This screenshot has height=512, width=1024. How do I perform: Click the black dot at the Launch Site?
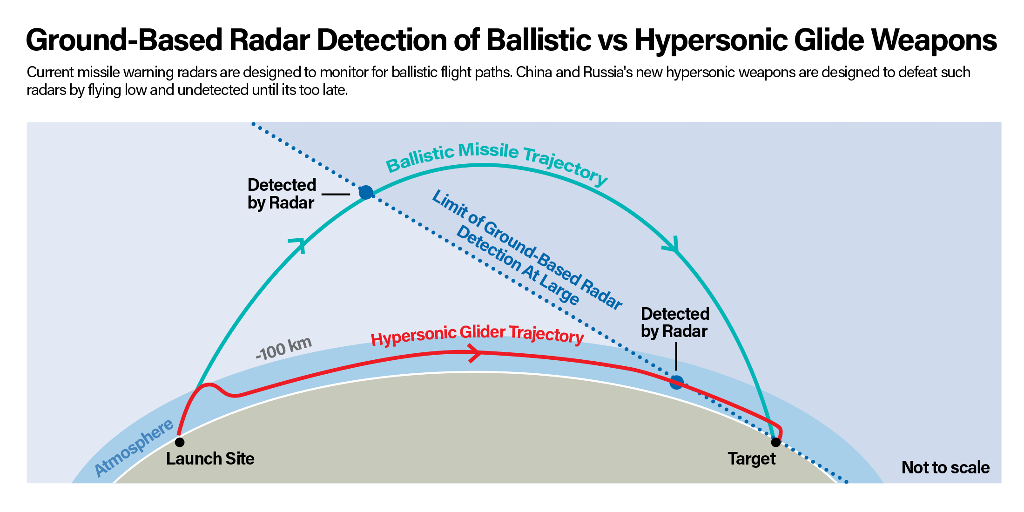pos(180,442)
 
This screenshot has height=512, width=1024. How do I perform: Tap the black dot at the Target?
pos(775,442)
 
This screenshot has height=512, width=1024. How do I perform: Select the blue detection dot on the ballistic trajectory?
pos(366,192)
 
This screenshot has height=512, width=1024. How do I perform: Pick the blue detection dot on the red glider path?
pos(676,383)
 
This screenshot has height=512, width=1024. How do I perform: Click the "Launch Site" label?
pos(210,459)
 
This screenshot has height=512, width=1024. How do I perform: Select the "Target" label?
pos(752,459)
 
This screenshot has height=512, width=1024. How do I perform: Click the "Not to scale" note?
pos(946,467)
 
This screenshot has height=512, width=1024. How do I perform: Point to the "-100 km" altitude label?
pos(283,349)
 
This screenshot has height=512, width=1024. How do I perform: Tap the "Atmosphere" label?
pos(134,448)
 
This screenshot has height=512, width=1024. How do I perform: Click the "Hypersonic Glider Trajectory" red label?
pos(478,335)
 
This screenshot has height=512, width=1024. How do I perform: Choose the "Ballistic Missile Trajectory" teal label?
pos(497,163)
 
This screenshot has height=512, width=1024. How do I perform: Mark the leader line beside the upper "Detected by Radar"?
pos(336,194)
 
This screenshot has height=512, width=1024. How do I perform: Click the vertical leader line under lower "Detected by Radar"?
pos(676,356)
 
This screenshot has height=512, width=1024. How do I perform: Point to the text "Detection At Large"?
pos(518,266)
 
